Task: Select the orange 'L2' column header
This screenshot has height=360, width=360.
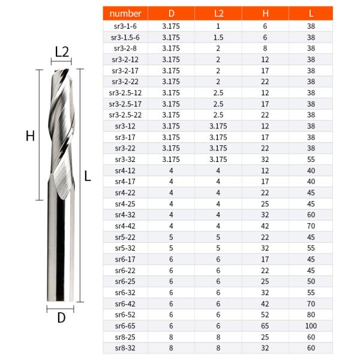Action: click(218, 13)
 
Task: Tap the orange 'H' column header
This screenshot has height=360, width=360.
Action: click(265, 13)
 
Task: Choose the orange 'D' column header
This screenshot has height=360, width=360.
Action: click(172, 13)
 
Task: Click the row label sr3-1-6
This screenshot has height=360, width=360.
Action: click(125, 26)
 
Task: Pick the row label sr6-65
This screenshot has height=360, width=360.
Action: click(125, 325)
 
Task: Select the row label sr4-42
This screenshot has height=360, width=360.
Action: click(125, 225)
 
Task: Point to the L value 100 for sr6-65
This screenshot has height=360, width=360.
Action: click(311, 325)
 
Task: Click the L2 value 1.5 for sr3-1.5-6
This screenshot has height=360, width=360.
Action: click(218, 37)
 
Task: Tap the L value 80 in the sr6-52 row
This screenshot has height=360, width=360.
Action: click(311, 314)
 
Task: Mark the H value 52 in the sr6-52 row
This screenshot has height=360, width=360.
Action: click(265, 314)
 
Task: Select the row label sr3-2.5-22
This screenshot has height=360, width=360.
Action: click(125, 115)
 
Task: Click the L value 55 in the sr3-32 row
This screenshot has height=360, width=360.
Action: click(311, 159)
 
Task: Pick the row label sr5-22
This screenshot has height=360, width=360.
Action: click(125, 236)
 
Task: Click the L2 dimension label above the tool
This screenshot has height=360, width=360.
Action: click(62, 52)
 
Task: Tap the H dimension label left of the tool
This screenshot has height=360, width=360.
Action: click(29, 136)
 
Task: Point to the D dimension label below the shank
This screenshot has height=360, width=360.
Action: click(61, 318)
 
